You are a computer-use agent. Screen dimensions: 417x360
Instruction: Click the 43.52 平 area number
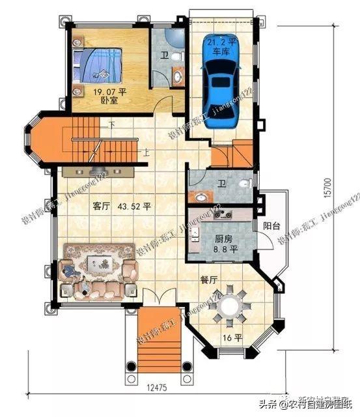135,207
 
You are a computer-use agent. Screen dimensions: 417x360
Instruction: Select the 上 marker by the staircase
147,154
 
